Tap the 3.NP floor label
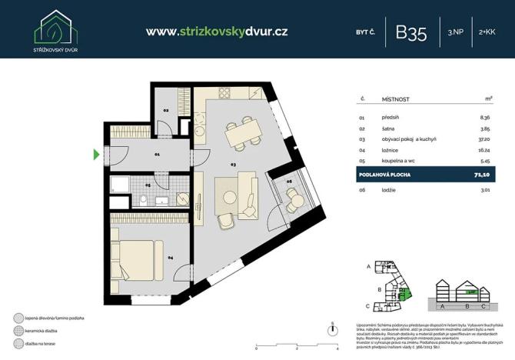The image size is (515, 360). pyautogui.click(x=454, y=32)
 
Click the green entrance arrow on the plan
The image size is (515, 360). pyautogui.click(x=97, y=155)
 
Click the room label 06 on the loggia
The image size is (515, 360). pyautogui.click(x=289, y=182)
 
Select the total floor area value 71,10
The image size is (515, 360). pyautogui.click(x=482, y=176)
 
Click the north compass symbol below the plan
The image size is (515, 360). pyautogui.click(x=331, y=328)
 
